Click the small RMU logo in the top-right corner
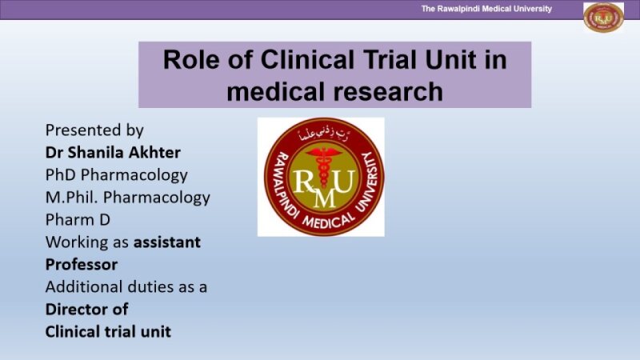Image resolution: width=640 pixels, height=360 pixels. coord(603,17)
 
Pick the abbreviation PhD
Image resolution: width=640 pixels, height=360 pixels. coord(61,174)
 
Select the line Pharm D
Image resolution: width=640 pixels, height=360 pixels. coord(78,219)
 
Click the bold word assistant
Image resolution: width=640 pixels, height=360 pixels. coord(166,242)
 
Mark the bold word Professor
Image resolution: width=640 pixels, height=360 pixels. coord(82,264)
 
